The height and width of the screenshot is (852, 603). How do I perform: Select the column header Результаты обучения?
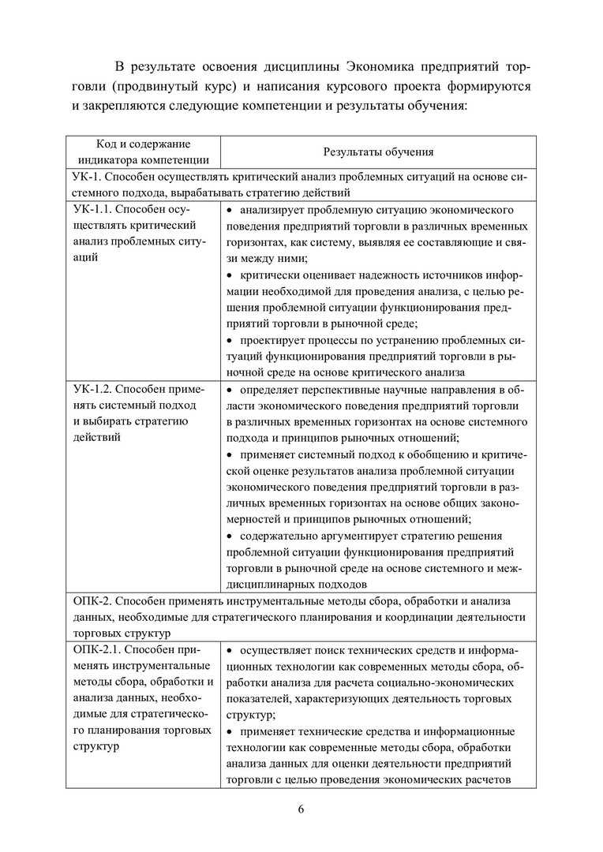point(378,151)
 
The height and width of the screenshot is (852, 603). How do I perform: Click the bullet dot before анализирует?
point(230,211)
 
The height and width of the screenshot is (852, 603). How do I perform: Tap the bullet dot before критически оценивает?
point(230,275)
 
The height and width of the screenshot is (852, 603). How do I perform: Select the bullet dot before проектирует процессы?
point(230,340)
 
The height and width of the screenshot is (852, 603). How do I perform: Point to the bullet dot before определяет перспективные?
point(230,390)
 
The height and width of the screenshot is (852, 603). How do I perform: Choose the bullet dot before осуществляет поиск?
point(230,651)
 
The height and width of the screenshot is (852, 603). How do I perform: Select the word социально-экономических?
point(444,682)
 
